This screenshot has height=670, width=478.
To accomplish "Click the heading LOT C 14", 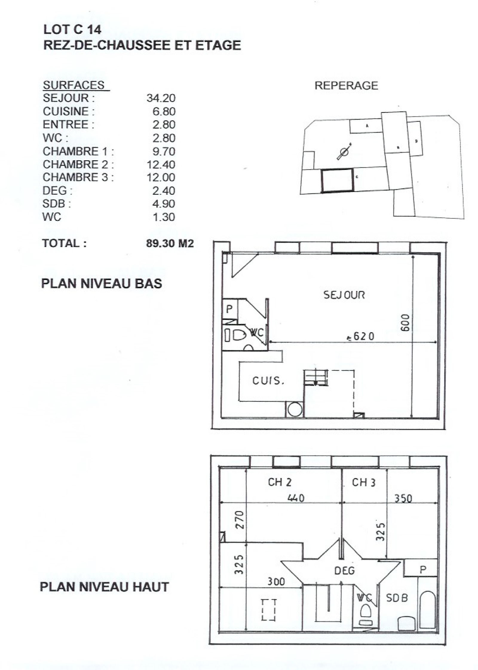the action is (72, 29).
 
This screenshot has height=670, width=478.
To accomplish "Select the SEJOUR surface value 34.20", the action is (161, 98).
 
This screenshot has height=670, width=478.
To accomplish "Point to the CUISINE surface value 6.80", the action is (164, 111).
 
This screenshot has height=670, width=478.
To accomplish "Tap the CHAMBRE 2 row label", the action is (78, 164).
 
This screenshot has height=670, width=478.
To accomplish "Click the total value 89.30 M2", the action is (170, 243).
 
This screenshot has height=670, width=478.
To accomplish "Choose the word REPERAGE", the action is (346, 86).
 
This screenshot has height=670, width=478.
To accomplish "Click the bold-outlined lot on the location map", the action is (337, 180).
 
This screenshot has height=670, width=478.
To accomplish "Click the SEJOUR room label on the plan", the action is (344, 295).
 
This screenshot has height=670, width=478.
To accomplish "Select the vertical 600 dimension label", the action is (405, 323).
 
